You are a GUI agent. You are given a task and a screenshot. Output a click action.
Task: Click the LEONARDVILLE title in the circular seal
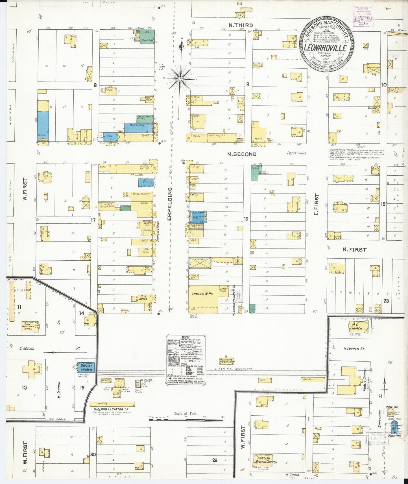point(325,48)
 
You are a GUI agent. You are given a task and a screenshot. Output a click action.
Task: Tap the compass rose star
point(180,78)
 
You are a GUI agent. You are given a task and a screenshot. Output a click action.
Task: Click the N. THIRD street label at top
point(241,25)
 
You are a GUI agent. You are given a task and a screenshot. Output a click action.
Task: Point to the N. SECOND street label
point(242,154)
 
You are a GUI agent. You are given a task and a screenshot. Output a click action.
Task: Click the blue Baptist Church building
point(86,367)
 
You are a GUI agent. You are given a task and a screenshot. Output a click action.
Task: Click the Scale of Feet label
point(186,413)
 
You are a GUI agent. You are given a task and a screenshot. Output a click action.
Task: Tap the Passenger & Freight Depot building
point(227,361)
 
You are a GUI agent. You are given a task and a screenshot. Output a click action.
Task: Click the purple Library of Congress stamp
point(364,16)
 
